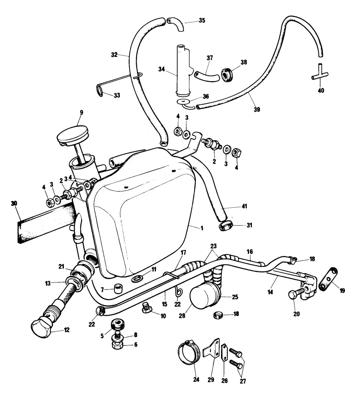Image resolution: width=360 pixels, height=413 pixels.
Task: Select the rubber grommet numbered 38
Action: click(226, 74)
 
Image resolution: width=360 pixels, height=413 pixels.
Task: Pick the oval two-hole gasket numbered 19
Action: click(328, 279)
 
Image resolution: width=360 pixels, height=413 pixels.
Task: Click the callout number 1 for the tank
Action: click(202, 229)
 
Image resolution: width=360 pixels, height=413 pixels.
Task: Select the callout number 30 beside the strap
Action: click(14, 203)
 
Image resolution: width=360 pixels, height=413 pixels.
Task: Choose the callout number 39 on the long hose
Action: click(257, 109)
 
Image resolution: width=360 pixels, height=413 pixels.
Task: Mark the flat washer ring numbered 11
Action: click(137, 279)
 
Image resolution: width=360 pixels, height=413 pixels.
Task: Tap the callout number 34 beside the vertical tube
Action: click(161, 69)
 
